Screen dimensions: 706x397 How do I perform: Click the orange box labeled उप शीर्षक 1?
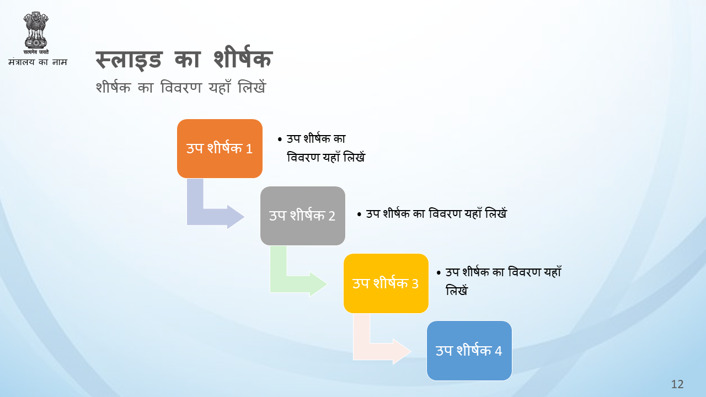220,148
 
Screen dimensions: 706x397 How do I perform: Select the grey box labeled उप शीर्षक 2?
303,216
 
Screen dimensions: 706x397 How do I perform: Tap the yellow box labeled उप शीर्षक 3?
386,283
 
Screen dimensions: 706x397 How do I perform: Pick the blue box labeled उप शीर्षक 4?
469,351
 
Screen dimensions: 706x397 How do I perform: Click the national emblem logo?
36,33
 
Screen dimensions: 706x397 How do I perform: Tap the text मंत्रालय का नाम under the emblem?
38,62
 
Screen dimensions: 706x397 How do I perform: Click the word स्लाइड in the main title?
129,60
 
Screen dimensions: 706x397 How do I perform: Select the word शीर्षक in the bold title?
243,57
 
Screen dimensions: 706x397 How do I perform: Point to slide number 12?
677,384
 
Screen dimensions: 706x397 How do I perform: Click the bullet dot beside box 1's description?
280,140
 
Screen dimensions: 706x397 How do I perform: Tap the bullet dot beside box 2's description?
359,214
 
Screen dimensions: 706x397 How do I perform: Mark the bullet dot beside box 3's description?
438,273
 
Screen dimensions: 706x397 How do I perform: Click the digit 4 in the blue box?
498,351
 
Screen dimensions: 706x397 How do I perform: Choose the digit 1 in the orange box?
249,149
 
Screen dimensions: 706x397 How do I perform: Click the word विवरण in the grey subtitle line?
181,87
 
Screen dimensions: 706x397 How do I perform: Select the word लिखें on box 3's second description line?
457,290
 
